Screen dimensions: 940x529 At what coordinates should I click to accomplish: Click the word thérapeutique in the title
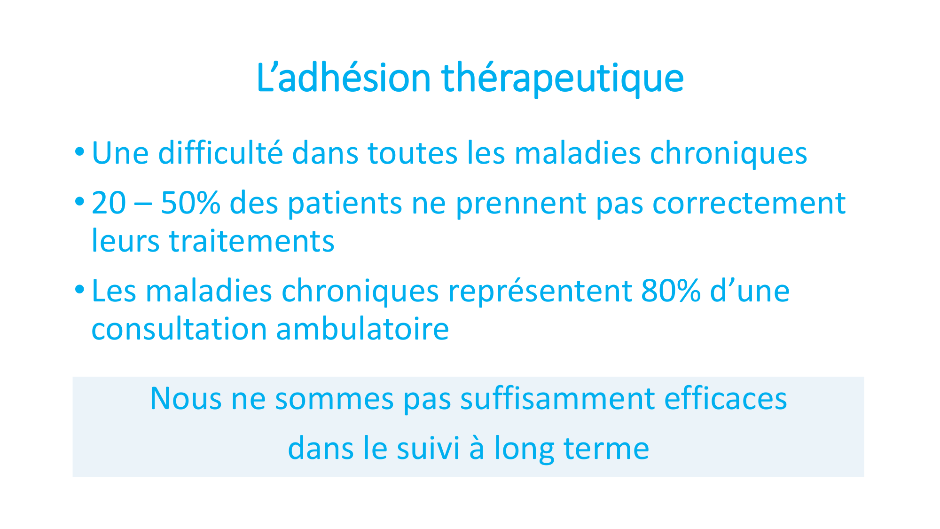coord(563,79)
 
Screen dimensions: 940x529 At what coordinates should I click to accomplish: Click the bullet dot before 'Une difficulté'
coord(79,152)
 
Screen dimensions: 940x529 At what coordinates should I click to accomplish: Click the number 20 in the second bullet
coord(109,203)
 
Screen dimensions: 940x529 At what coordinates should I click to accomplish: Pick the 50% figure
coord(190,203)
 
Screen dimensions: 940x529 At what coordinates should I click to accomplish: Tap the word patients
coord(345,204)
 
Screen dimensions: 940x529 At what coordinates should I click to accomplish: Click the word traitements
coord(251,242)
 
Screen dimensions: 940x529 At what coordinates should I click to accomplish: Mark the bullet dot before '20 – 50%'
coord(79,202)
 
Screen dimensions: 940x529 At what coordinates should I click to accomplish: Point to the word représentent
coord(540,292)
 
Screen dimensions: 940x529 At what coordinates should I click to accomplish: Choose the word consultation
coord(179,329)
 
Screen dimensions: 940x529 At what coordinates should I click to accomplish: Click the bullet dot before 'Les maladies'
coord(79,289)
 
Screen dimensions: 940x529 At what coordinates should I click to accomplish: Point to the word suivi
coord(428,448)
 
